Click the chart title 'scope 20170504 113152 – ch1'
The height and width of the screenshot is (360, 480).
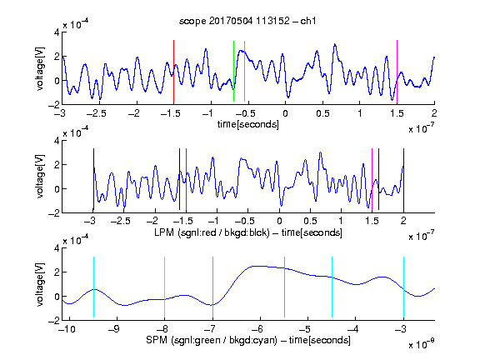click(247, 21)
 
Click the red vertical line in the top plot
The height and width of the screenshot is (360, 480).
click(173, 72)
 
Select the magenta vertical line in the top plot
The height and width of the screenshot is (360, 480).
click(397, 72)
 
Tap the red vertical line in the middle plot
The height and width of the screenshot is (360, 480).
click(186, 180)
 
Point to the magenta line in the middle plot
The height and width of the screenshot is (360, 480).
click(372, 180)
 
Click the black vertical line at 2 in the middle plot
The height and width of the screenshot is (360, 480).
click(403, 180)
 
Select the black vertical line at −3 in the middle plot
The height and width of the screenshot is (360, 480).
click(93, 180)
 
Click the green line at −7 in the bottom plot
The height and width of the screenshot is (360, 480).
click(212, 287)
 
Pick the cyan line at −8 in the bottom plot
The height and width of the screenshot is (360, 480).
click(164, 287)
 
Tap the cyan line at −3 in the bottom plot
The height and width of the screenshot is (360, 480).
click(403, 287)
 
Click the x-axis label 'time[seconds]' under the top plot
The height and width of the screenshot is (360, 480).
click(248, 124)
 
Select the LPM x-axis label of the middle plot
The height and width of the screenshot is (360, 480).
click(248, 232)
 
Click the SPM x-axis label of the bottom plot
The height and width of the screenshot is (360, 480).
click(248, 340)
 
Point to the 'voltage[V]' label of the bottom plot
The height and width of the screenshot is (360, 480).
click(40, 284)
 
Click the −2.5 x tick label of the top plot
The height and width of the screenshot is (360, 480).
click(97, 113)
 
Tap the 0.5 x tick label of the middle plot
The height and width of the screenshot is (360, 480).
click(310, 222)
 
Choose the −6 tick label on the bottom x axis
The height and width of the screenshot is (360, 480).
click(257, 329)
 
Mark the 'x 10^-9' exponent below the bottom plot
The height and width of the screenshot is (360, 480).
click(422, 343)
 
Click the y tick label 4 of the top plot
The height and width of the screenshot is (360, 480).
click(57, 32)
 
